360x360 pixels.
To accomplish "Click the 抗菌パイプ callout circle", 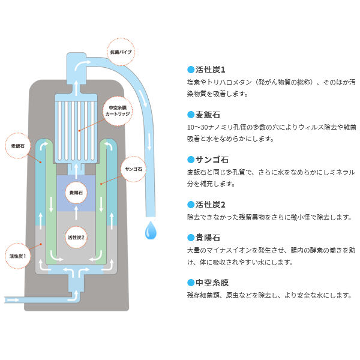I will point(121,53).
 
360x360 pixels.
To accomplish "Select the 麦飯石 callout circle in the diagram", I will point(19,146).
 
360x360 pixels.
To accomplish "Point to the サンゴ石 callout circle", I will point(134,170).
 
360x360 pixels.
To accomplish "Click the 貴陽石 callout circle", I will point(76,193).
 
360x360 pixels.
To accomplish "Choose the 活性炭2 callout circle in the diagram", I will point(77,238).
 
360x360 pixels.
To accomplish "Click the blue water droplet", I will point(150,229).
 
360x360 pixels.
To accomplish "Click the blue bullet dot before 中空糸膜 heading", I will point(191,282).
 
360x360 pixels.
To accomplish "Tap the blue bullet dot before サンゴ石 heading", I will point(191,160).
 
